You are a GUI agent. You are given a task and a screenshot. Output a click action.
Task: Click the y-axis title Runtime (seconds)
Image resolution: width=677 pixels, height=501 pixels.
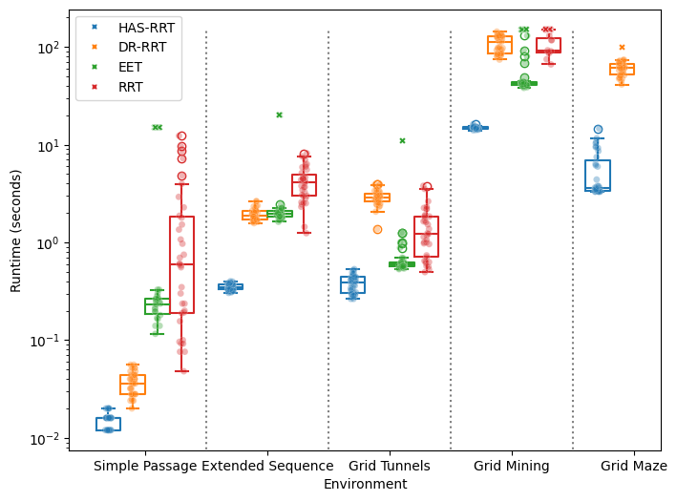pos(15,230)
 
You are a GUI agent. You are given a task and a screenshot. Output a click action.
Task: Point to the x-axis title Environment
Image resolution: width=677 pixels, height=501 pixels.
pos(365,485)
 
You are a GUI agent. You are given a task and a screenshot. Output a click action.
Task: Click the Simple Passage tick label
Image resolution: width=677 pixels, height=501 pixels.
pos(145,467)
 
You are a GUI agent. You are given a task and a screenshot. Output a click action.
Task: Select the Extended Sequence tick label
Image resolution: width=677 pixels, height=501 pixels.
pos(267,467)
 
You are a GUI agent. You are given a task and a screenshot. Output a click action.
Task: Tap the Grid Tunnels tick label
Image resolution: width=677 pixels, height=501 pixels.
pos(390,467)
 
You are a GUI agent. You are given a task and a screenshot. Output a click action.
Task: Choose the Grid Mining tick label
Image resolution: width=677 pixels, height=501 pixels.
pos(512,467)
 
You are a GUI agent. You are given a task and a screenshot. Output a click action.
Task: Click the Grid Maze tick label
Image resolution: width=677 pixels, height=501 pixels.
pos(633,467)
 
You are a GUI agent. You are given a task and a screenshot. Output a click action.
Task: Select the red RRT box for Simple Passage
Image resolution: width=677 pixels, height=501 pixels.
pos(182,265)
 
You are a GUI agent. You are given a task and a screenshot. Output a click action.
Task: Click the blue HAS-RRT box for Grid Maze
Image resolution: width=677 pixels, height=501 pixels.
pos(598,176)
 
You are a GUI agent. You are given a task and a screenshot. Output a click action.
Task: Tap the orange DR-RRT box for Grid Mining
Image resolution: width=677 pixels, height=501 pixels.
pos(499,45)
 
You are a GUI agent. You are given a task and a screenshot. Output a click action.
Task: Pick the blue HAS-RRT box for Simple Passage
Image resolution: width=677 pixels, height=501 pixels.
pos(109,424)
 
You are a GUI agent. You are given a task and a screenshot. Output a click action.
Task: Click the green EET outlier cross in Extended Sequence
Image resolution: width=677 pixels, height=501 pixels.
pos(280,115)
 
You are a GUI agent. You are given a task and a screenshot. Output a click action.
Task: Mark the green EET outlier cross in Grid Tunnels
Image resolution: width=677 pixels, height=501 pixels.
pos(402,140)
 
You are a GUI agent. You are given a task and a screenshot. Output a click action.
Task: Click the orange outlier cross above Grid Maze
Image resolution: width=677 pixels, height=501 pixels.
pos(622,47)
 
